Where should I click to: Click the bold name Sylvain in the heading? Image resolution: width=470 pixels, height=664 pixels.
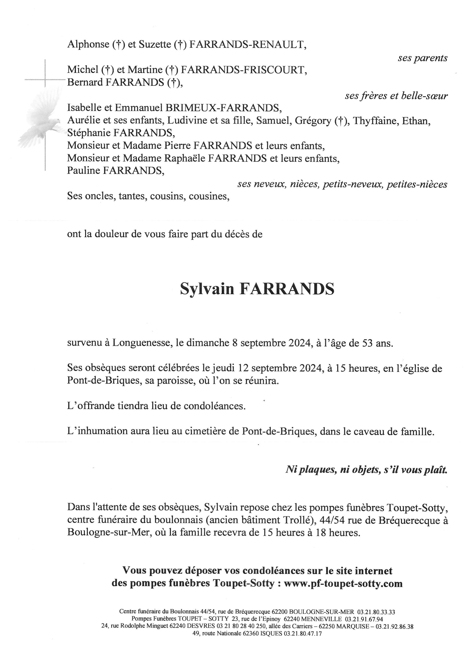(207, 289)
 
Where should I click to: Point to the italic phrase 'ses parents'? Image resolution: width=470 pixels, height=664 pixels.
(422, 58)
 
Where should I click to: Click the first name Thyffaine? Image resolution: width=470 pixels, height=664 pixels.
(375, 121)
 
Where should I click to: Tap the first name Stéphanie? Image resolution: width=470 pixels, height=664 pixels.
(89, 133)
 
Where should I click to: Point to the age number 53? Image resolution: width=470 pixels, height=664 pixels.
(365, 343)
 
